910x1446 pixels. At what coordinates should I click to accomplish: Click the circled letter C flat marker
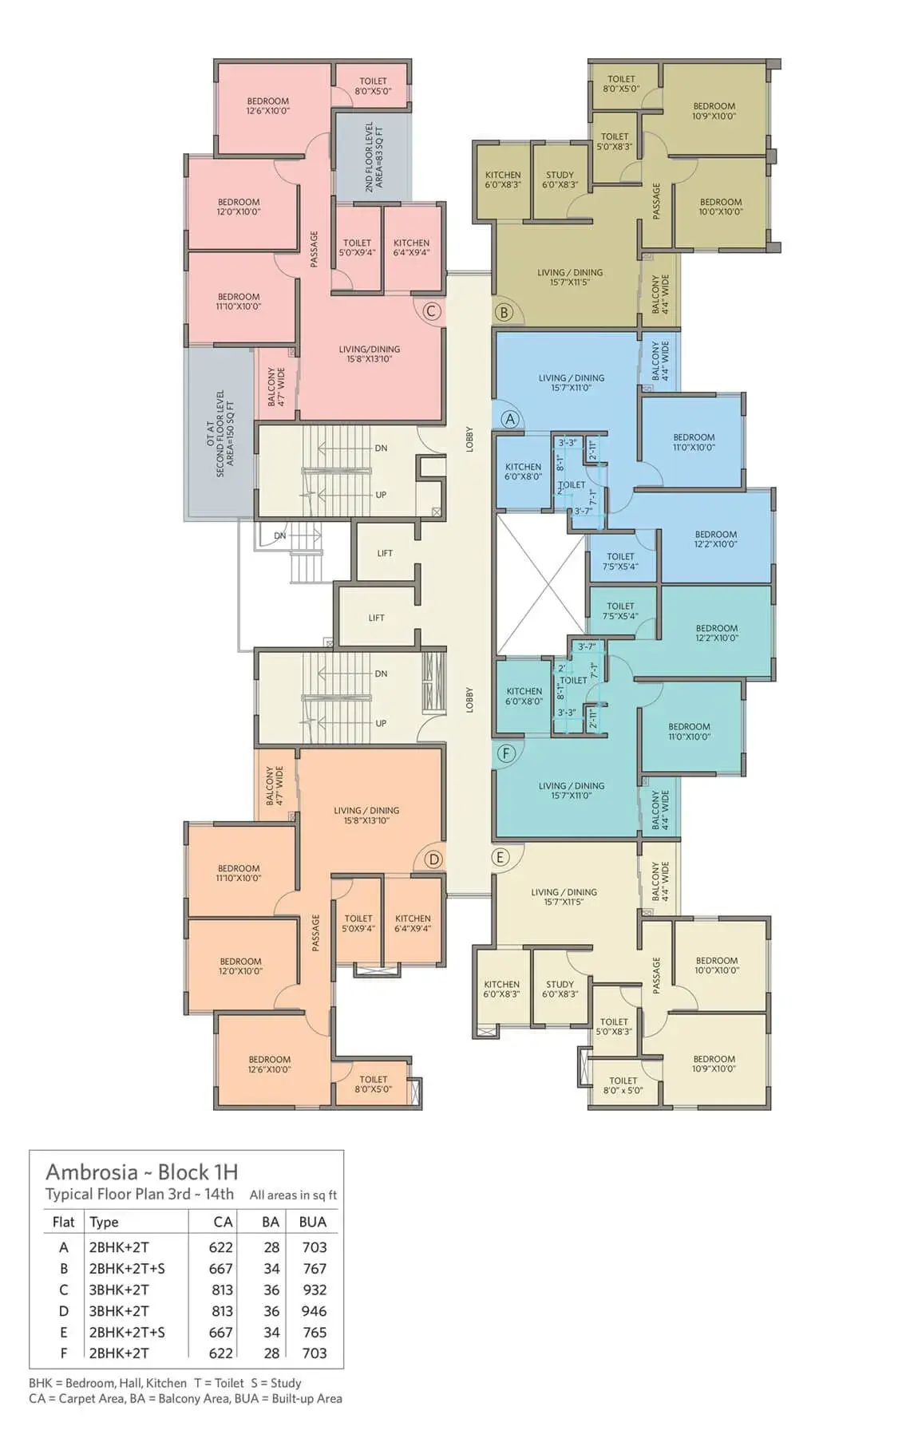(431, 311)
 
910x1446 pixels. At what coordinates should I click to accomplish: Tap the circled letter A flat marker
(510, 419)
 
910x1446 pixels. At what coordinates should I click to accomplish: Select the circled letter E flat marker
(500, 857)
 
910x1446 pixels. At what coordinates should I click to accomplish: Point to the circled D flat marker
(433, 859)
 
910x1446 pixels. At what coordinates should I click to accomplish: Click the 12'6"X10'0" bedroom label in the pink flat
(268, 106)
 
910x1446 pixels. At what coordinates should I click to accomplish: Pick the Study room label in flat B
(560, 180)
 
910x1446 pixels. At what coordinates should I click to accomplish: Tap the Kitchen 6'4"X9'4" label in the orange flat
(413, 923)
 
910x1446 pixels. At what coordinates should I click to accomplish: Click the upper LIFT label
(385, 553)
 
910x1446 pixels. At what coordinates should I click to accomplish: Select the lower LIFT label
(376, 618)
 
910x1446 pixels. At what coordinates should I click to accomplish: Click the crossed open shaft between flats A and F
(541, 585)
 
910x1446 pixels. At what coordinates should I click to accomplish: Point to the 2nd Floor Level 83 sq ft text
(374, 157)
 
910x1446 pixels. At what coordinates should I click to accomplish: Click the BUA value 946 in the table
(315, 1310)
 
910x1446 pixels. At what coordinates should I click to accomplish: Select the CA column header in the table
(224, 1222)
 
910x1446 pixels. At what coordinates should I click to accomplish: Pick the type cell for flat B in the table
(127, 1268)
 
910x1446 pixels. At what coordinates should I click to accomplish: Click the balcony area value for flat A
(271, 1247)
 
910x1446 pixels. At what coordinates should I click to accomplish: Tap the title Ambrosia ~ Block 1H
(142, 1171)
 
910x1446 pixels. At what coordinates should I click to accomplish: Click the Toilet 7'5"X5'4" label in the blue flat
(620, 562)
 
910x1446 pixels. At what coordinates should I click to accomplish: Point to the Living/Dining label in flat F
(572, 791)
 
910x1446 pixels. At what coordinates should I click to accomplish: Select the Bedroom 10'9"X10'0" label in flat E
(714, 1064)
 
